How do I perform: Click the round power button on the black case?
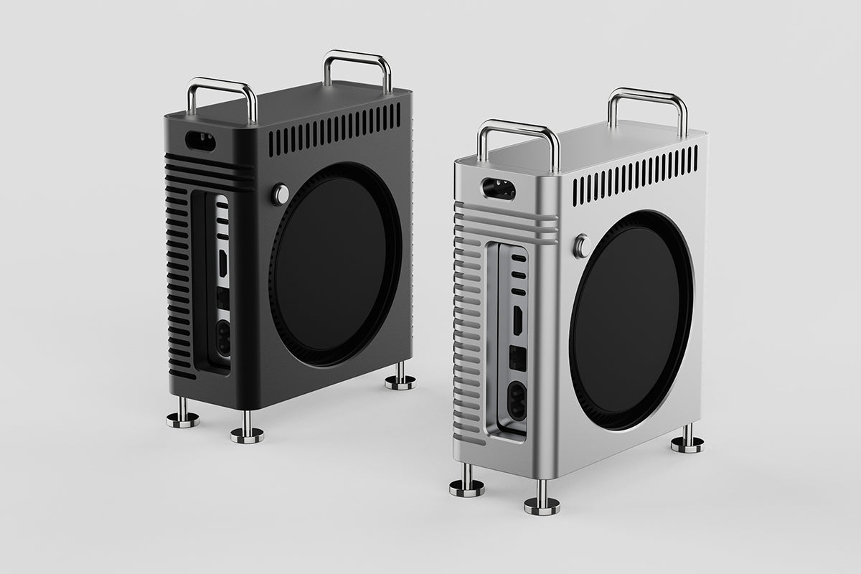[x=280, y=194]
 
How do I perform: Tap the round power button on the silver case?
[x=582, y=246]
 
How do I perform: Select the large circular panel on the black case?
[x=335, y=263]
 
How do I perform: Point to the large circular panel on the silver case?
[x=631, y=320]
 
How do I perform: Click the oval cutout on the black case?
[x=200, y=141]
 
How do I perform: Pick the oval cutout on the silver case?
[x=498, y=189]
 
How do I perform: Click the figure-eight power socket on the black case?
[x=223, y=337]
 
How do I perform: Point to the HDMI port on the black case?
[x=223, y=263]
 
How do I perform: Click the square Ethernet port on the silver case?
[x=517, y=359]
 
